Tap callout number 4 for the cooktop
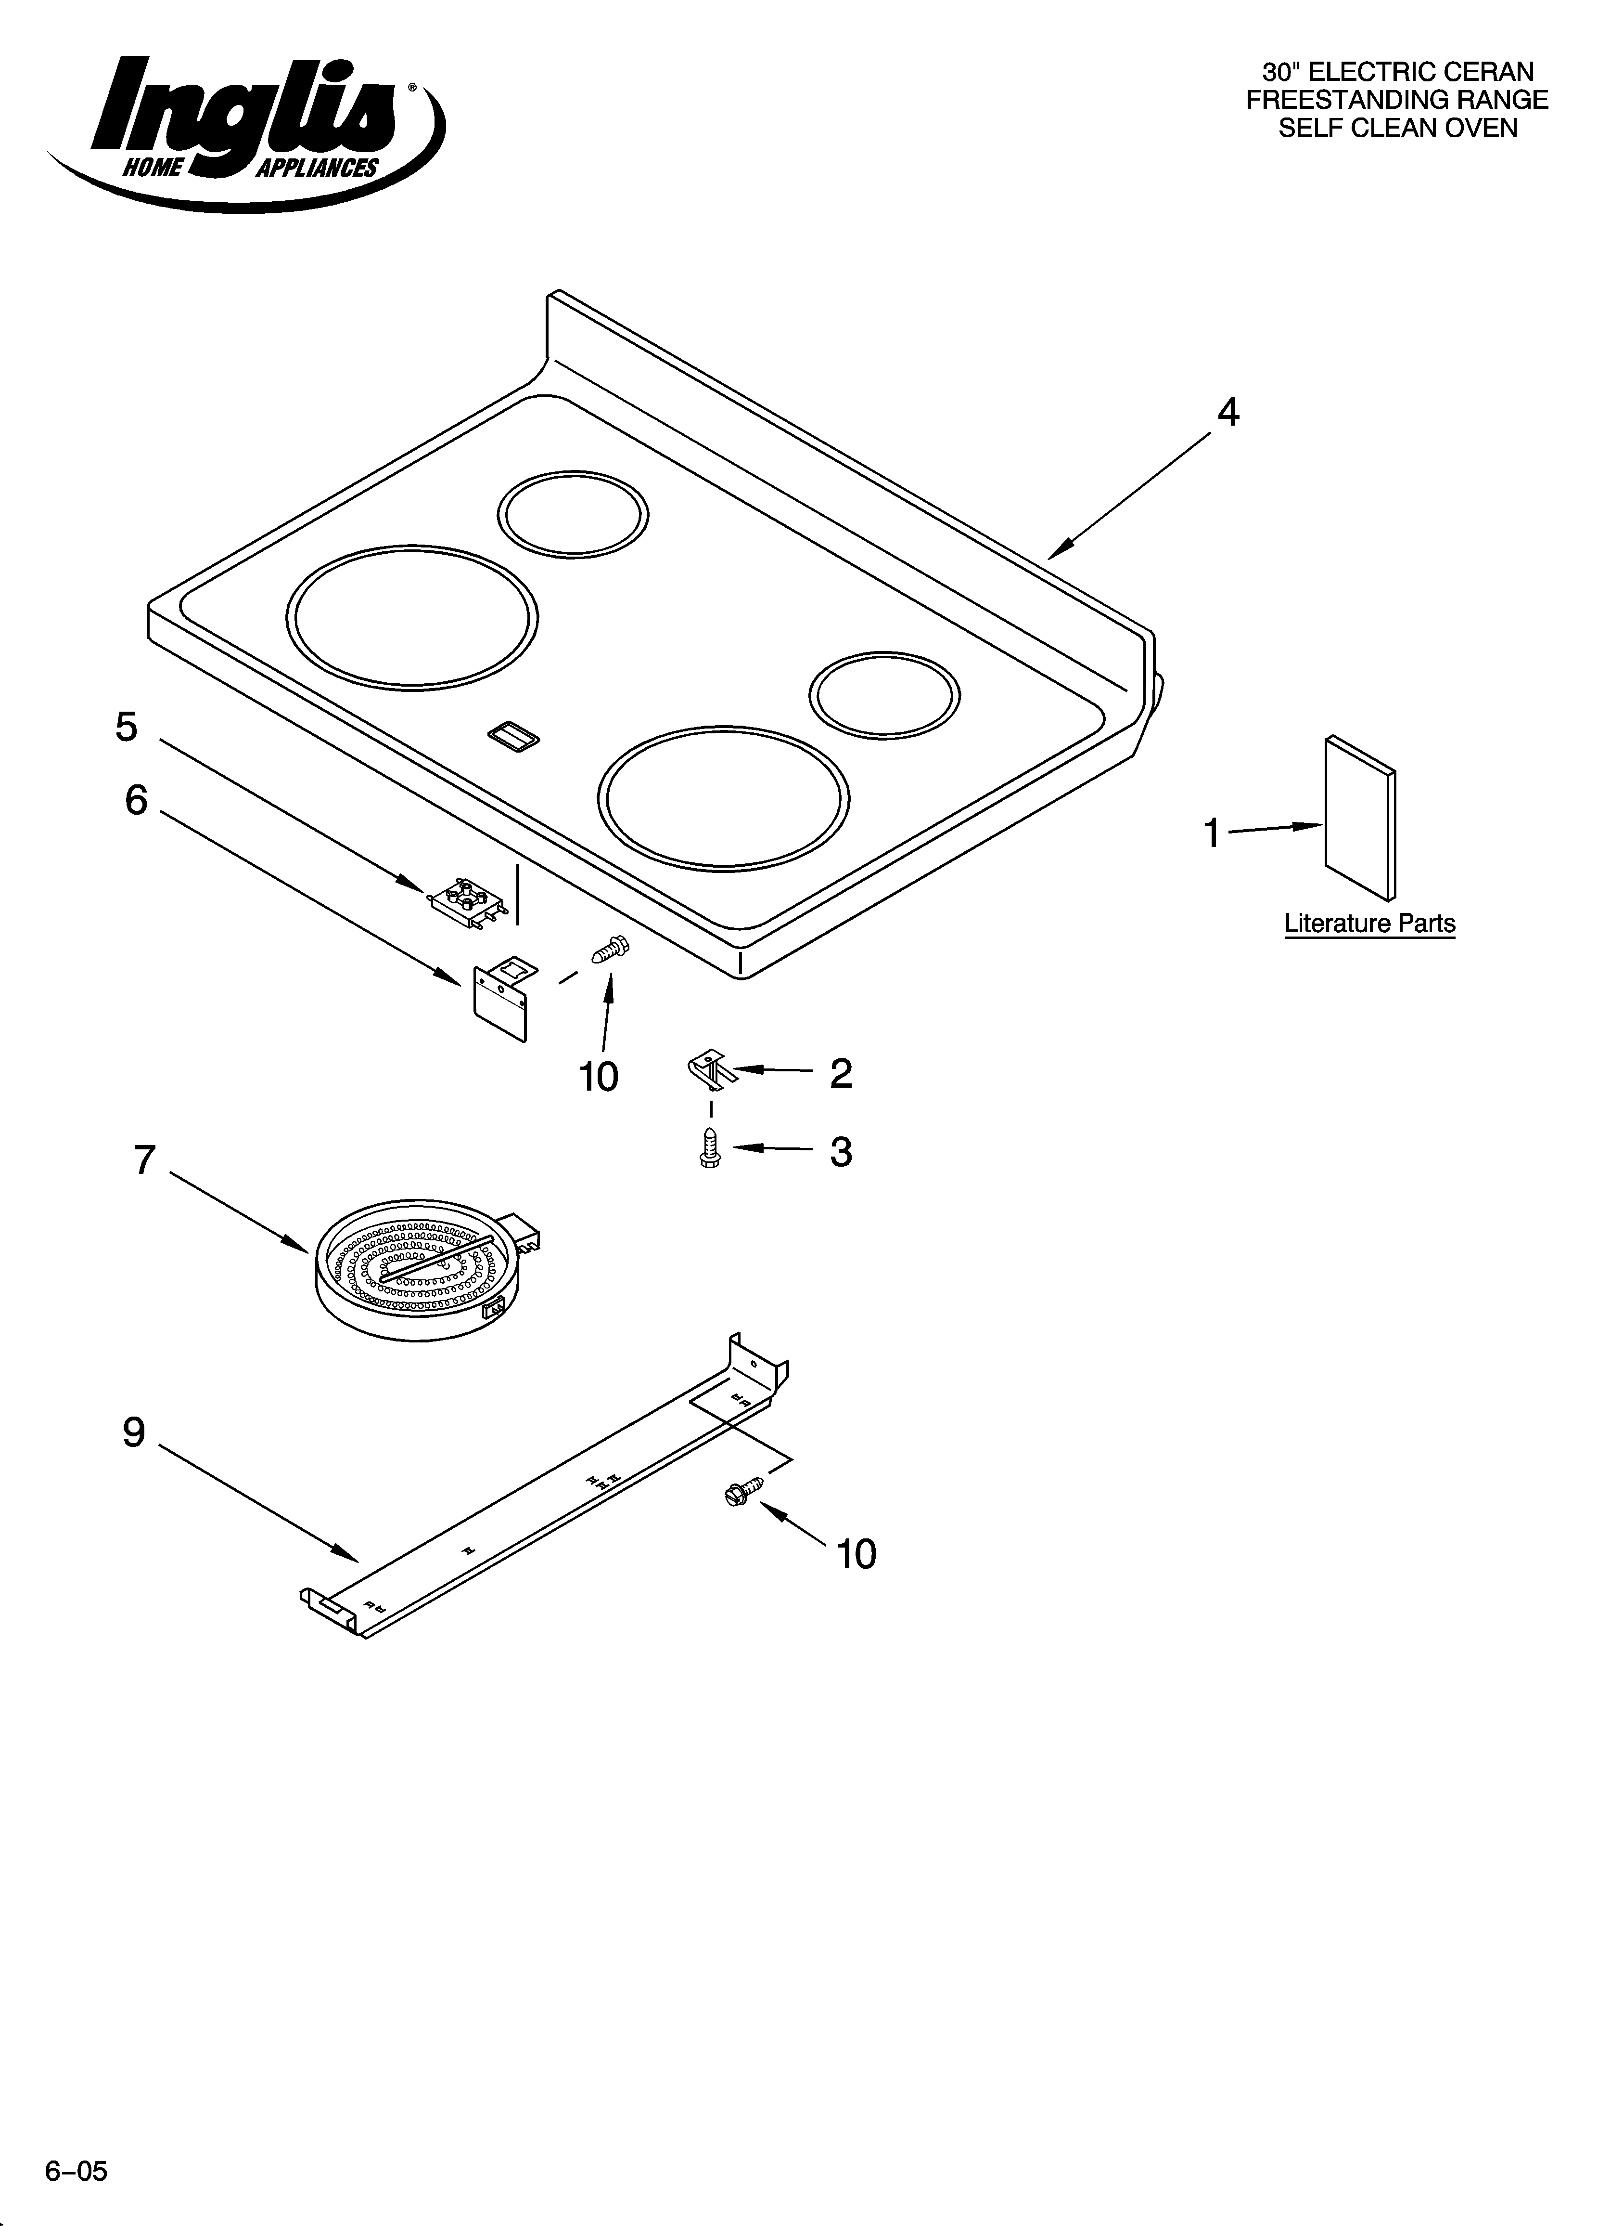click(1227, 413)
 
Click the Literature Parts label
click(1369, 924)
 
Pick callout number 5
click(127, 727)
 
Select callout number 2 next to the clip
click(841, 1074)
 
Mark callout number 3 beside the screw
click(841, 1151)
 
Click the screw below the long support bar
click(743, 1493)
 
